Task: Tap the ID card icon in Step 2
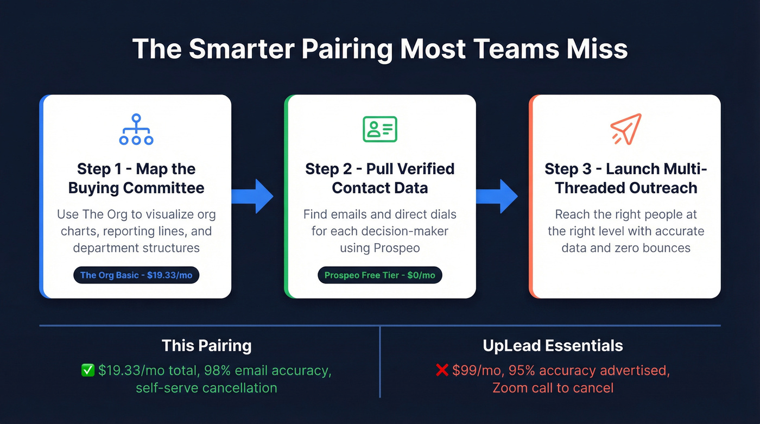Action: [380, 129]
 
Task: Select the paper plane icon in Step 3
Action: [626, 129]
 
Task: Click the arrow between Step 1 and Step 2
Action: [252, 196]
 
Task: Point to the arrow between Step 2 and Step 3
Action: [497, 196]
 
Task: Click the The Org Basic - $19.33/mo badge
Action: [136, 275]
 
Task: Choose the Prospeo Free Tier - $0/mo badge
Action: [380, 275]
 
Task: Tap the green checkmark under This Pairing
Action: [87, 371]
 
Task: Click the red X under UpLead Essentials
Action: [441, 371]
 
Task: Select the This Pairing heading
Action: [206, 346]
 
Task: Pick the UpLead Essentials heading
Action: [553, 346]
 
